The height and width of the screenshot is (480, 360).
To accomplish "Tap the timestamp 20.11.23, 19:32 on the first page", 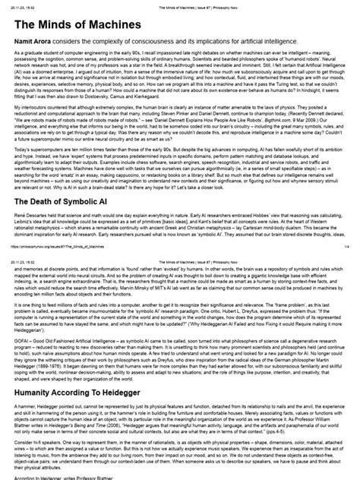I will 22,4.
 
